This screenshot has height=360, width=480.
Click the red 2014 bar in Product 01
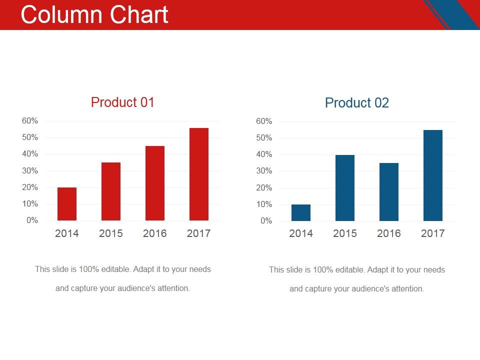tap(67, 204)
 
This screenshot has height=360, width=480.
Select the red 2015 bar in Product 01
tap(111, 191)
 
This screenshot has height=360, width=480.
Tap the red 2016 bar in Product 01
tap(155, 183)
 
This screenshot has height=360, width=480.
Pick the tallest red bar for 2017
tap(199, 174)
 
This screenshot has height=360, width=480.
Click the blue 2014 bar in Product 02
tap(301, 212)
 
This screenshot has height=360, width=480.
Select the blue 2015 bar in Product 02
tap(345, 188)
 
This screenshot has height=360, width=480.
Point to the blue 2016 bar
tap(389, 192)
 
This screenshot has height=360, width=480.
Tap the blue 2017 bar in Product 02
tap(433, 175)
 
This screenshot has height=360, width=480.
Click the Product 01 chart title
tap(122, 102)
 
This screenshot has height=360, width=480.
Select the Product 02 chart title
tap(356, 103)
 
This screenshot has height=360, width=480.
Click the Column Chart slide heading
tap(94, 15)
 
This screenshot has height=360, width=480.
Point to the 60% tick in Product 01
tap(30, 121)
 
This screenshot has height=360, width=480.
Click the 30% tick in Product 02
tap(264, 171)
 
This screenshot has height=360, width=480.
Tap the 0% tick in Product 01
tap(32, 220)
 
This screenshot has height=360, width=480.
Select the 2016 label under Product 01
tap(155, 233)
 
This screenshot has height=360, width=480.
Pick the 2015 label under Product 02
tap(345, 233)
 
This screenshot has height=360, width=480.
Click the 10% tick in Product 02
tap(264, 204)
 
